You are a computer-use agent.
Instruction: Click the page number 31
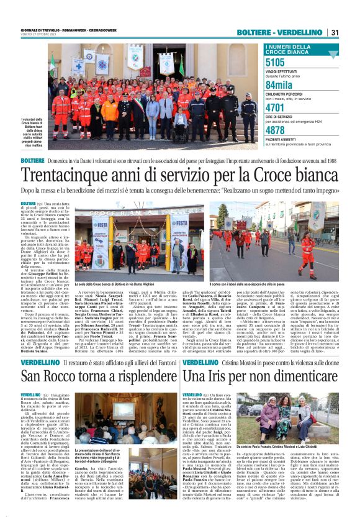click(x=334, y=32)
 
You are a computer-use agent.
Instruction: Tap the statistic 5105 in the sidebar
click(x=275, y=62)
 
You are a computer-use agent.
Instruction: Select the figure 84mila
click(x=279, y=85)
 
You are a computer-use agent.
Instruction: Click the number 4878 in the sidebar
click(x=275, y=130)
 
